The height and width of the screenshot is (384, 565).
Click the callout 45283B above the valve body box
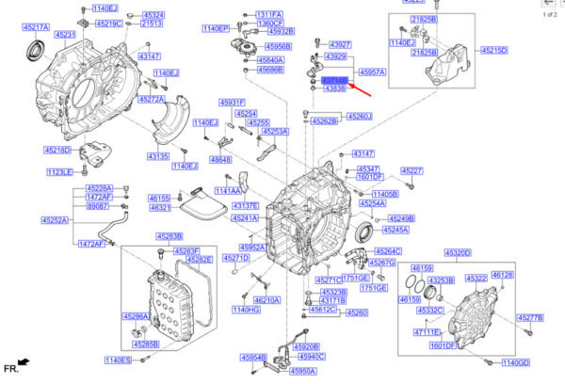tap(170, 236)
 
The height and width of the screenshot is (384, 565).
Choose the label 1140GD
tap(516, 362)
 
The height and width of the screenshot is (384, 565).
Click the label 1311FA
tap(268, 15)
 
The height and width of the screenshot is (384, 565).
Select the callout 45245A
tap(395, 230)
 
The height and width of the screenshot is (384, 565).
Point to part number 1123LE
tap(59, 172)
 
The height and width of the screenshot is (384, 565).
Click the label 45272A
tap(151, 98)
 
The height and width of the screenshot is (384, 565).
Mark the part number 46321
tap(159, 209)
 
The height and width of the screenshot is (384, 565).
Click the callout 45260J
tap(359, 117)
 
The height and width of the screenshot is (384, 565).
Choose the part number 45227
tap(412, 170)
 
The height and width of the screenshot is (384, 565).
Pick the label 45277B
tap(530, 318)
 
